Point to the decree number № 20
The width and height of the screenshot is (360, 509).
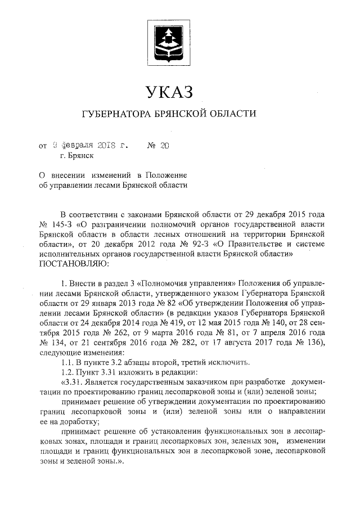point(159,146)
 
